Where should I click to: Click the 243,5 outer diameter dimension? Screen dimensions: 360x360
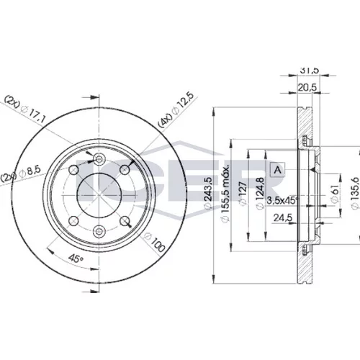[208, 193]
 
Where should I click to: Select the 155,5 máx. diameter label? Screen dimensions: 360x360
[225, 193]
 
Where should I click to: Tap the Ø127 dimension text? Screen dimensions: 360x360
[243, 194]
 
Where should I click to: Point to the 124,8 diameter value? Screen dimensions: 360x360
[260, 194]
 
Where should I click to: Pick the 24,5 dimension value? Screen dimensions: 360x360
[283, 217]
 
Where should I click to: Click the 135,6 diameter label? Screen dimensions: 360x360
[354, 193]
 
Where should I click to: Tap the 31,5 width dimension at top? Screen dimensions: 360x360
[309, 71]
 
